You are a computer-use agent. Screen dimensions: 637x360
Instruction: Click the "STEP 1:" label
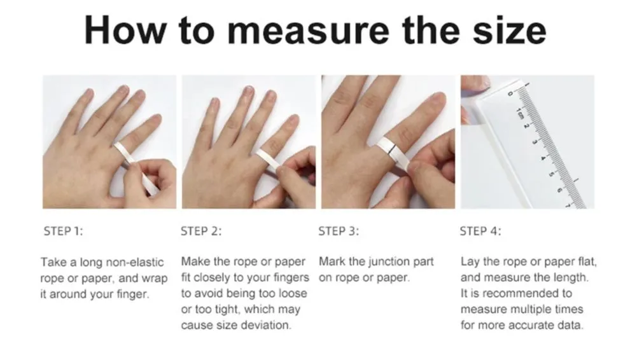(64, 232)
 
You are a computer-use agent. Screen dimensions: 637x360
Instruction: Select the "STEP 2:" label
(201, 232)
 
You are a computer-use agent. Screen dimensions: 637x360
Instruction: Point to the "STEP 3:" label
(339, 232)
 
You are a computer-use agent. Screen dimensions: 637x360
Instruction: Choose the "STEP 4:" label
(480, 232)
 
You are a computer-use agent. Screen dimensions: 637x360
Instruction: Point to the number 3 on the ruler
(535, 142)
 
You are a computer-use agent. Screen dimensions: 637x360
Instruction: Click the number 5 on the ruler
(551, 174)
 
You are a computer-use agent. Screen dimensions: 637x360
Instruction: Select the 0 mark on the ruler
(510, 94)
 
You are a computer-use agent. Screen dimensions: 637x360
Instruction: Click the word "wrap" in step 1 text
(154, 279)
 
